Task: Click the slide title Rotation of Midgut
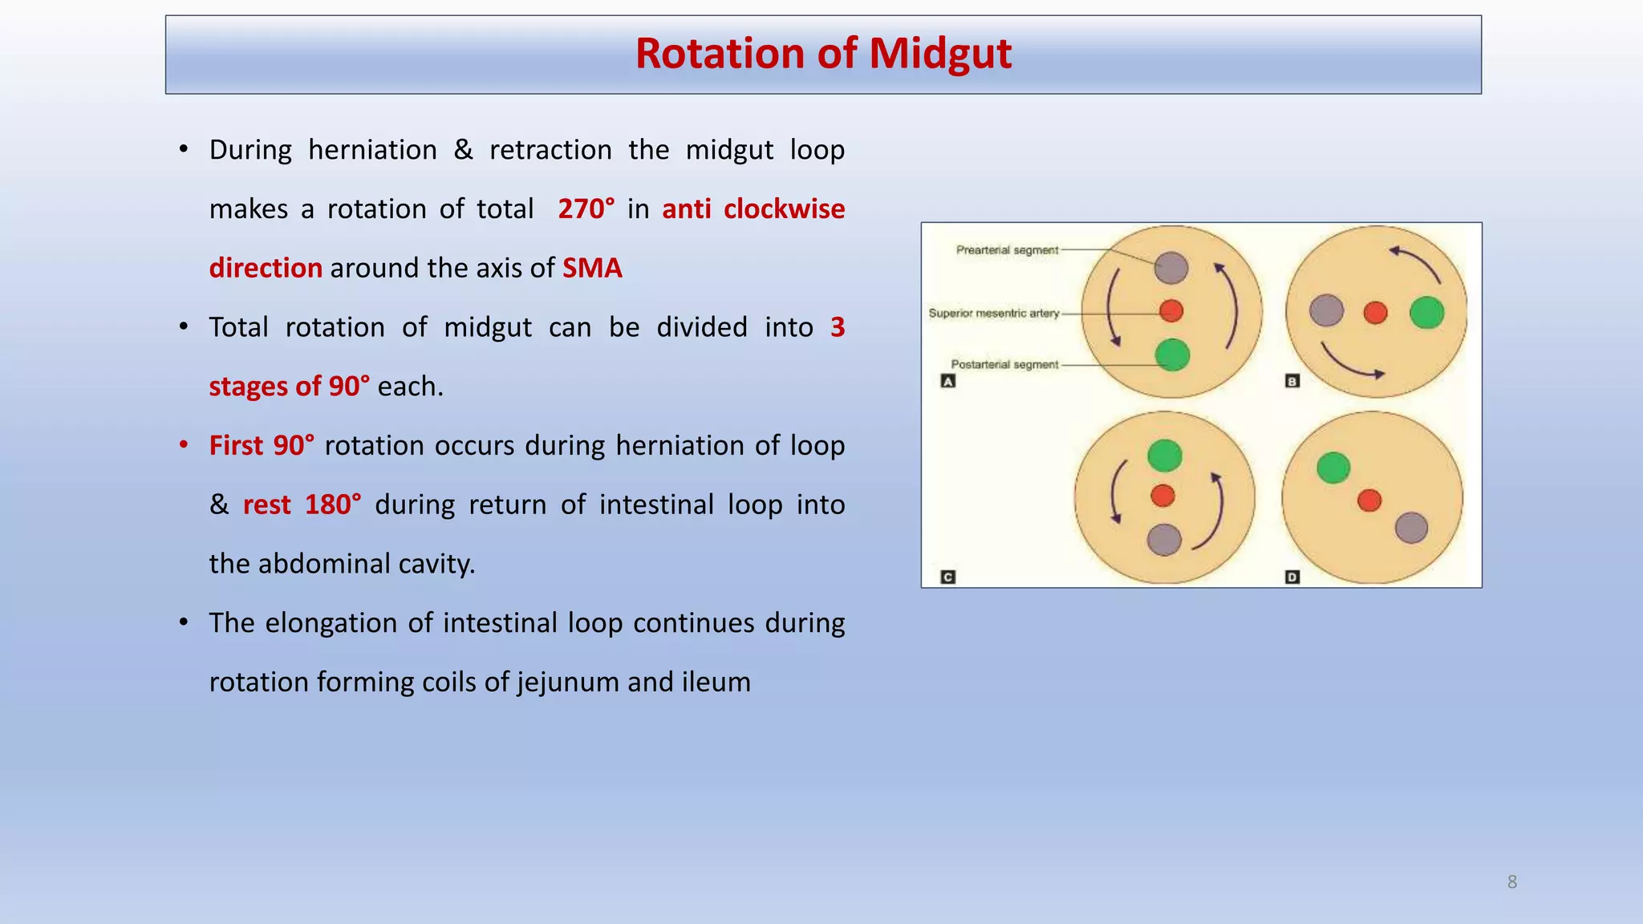[823, 54]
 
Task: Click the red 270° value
[586, 209]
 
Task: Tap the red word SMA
[592, 268]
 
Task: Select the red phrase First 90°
[262, 445]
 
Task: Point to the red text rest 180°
[302, 505]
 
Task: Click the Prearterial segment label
[1007, 250]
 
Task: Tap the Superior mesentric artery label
[993, 313]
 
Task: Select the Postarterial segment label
[1004, 364]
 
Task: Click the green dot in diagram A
[1172, 355]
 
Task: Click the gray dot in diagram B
[1326, 310]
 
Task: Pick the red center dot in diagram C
[1162, 495]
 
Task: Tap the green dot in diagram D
[1333, 468]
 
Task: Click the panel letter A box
[947, 382]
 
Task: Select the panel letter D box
[1292, 577]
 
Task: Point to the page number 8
[1511, 882]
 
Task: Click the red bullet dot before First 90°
[184, 444]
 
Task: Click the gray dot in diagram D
[1411, 528]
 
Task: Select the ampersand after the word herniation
[463, 150]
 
